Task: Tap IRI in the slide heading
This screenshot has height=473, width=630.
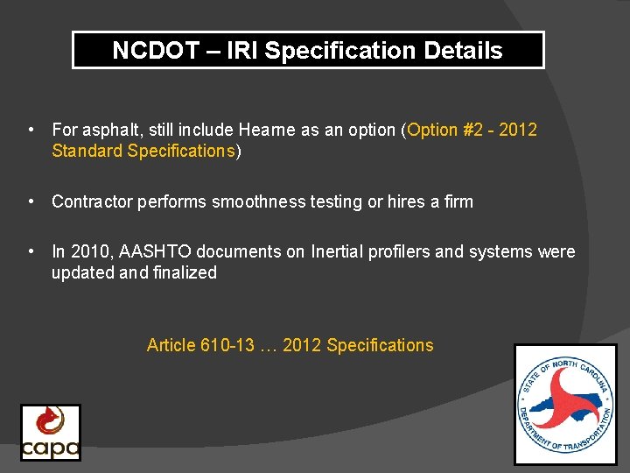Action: point(242,51)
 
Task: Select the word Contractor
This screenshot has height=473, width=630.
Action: point(93,201)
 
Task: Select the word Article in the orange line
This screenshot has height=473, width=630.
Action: point(171,345)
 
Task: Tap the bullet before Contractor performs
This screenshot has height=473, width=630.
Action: point(31,201)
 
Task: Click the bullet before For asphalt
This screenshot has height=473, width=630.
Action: point(31,130)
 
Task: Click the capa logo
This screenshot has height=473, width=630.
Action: point(51,433)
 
